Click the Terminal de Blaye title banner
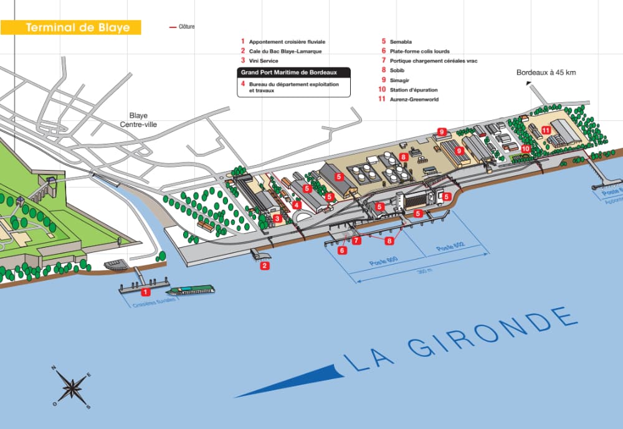click(x=70, y=27)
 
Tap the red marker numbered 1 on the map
click(x=145, y=291)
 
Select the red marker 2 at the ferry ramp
click(x=265, y=266)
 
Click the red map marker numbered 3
click(x=277, y=219)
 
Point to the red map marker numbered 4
click(x=297, y=205)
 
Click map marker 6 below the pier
click(x=342, y=250)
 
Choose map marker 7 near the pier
click(x=356, y=240)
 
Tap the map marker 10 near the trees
click(x=526, y=149)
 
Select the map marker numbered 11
click(x=546, y=130)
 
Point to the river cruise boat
click(x=190, y=290)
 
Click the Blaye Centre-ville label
click(x=138, y=120)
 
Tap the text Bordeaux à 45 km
click(x=546, y=72)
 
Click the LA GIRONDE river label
click(x=458, y=340)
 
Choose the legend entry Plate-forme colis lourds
click(x=419, y=51)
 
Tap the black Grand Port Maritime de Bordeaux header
click(x=293, y=72)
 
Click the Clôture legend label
click(x=186, y=26)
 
